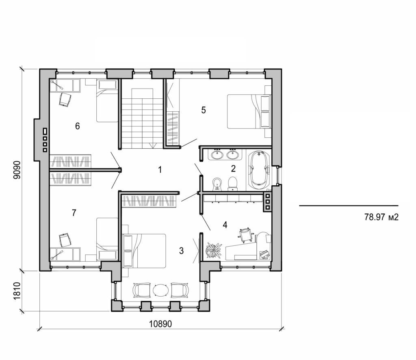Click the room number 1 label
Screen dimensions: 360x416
[160, 170]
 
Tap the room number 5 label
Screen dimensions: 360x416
[204, 110]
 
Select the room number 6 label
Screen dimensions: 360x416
[77, 126]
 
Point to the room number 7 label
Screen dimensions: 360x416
[74, 213]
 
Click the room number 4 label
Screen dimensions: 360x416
[225, 224]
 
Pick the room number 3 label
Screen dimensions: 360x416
[181, 251]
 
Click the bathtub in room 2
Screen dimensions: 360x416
[258, 170]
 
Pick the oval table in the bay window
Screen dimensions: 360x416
[161, 290]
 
